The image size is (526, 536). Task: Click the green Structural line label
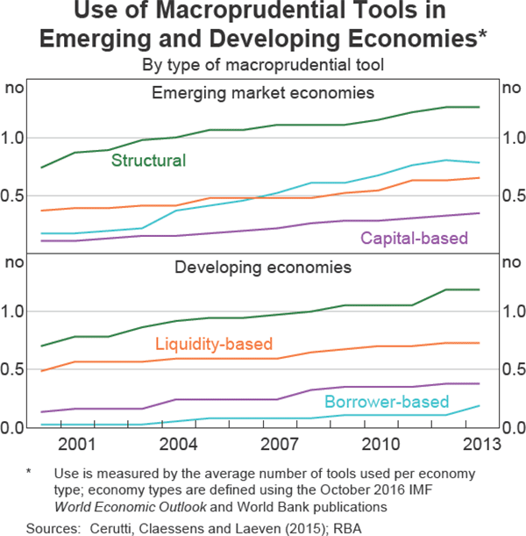148,161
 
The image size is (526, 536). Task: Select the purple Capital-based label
415,238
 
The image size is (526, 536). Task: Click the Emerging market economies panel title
263,93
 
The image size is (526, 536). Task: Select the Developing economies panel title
263,267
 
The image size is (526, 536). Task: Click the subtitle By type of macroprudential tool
262,63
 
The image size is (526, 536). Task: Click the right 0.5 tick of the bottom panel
510,369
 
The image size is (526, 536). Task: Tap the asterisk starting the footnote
28,473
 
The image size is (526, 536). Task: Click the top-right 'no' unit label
508,88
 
